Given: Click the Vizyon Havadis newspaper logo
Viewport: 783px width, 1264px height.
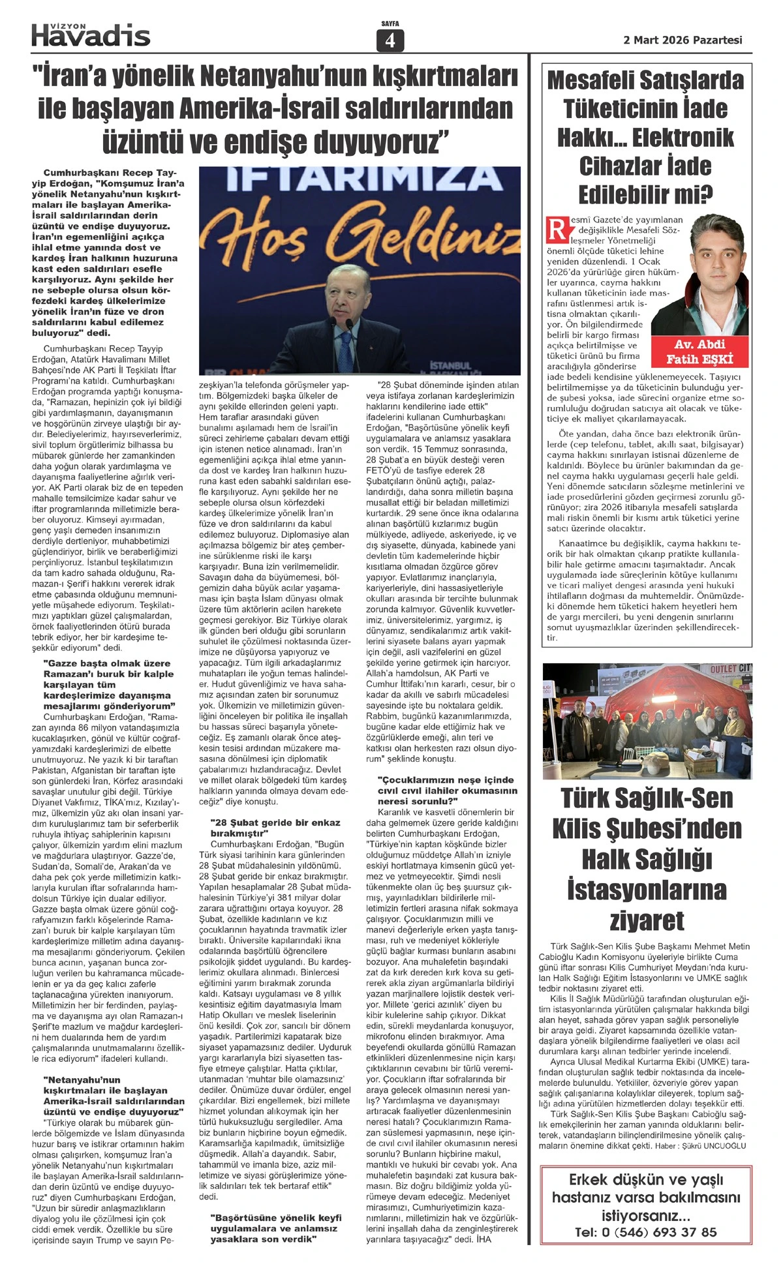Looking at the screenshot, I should coord(91,35).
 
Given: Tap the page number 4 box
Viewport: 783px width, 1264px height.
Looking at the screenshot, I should coord(390,41).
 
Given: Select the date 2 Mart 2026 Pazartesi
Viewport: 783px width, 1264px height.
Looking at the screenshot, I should coord(683,40).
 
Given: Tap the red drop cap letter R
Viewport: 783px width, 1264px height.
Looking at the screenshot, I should coord(557,229).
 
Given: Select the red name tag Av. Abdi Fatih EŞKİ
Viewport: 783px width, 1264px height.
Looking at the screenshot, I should coord(699,352).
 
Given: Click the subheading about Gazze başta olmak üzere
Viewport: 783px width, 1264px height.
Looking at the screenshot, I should coord(108,684).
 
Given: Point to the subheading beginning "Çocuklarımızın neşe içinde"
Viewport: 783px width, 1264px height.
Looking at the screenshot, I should coord(448,790).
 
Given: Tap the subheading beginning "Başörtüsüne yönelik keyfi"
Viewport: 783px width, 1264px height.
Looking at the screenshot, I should coord(275,1228).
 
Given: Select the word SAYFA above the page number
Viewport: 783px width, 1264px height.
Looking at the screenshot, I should coord(390,24).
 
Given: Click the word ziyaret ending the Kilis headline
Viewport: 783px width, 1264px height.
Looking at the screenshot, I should coord(647,920).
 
